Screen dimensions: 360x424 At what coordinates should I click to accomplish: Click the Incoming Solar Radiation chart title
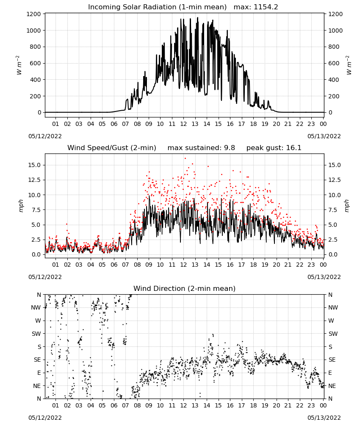pos(157,7)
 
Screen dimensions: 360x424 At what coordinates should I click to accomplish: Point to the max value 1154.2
pos(256,7)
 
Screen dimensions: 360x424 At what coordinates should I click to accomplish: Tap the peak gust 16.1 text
pos(274,148)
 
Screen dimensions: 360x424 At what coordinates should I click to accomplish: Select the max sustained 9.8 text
pos(201,148)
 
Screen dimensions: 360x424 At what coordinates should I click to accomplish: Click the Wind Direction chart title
pos(185,288)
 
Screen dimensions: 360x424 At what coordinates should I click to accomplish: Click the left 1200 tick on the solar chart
pos(33,14)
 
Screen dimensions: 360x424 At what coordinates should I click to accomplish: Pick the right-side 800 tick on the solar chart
pos(334,47)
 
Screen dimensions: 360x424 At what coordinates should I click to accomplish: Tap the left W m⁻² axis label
pos(19,65)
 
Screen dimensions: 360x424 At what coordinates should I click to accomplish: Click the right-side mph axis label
pos(347,206)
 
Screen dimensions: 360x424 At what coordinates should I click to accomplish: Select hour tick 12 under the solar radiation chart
pos(183,124)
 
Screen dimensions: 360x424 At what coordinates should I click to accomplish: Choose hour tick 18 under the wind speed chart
pos(253,265)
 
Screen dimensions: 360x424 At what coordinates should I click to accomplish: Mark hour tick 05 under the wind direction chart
pos(102,405)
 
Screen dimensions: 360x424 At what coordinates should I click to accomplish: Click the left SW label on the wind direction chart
pos(36,334)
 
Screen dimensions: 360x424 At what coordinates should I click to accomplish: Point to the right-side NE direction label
pos(332,386)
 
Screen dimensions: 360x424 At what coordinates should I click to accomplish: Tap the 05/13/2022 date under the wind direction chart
pos(324,418)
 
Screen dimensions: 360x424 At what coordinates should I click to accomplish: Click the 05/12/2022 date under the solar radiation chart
pos(45,136)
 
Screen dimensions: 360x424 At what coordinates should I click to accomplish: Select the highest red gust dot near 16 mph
pos(185,159)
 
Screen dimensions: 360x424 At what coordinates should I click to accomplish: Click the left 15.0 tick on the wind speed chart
pos(35,165)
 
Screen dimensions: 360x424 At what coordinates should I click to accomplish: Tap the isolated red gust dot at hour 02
pos(67,224)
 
